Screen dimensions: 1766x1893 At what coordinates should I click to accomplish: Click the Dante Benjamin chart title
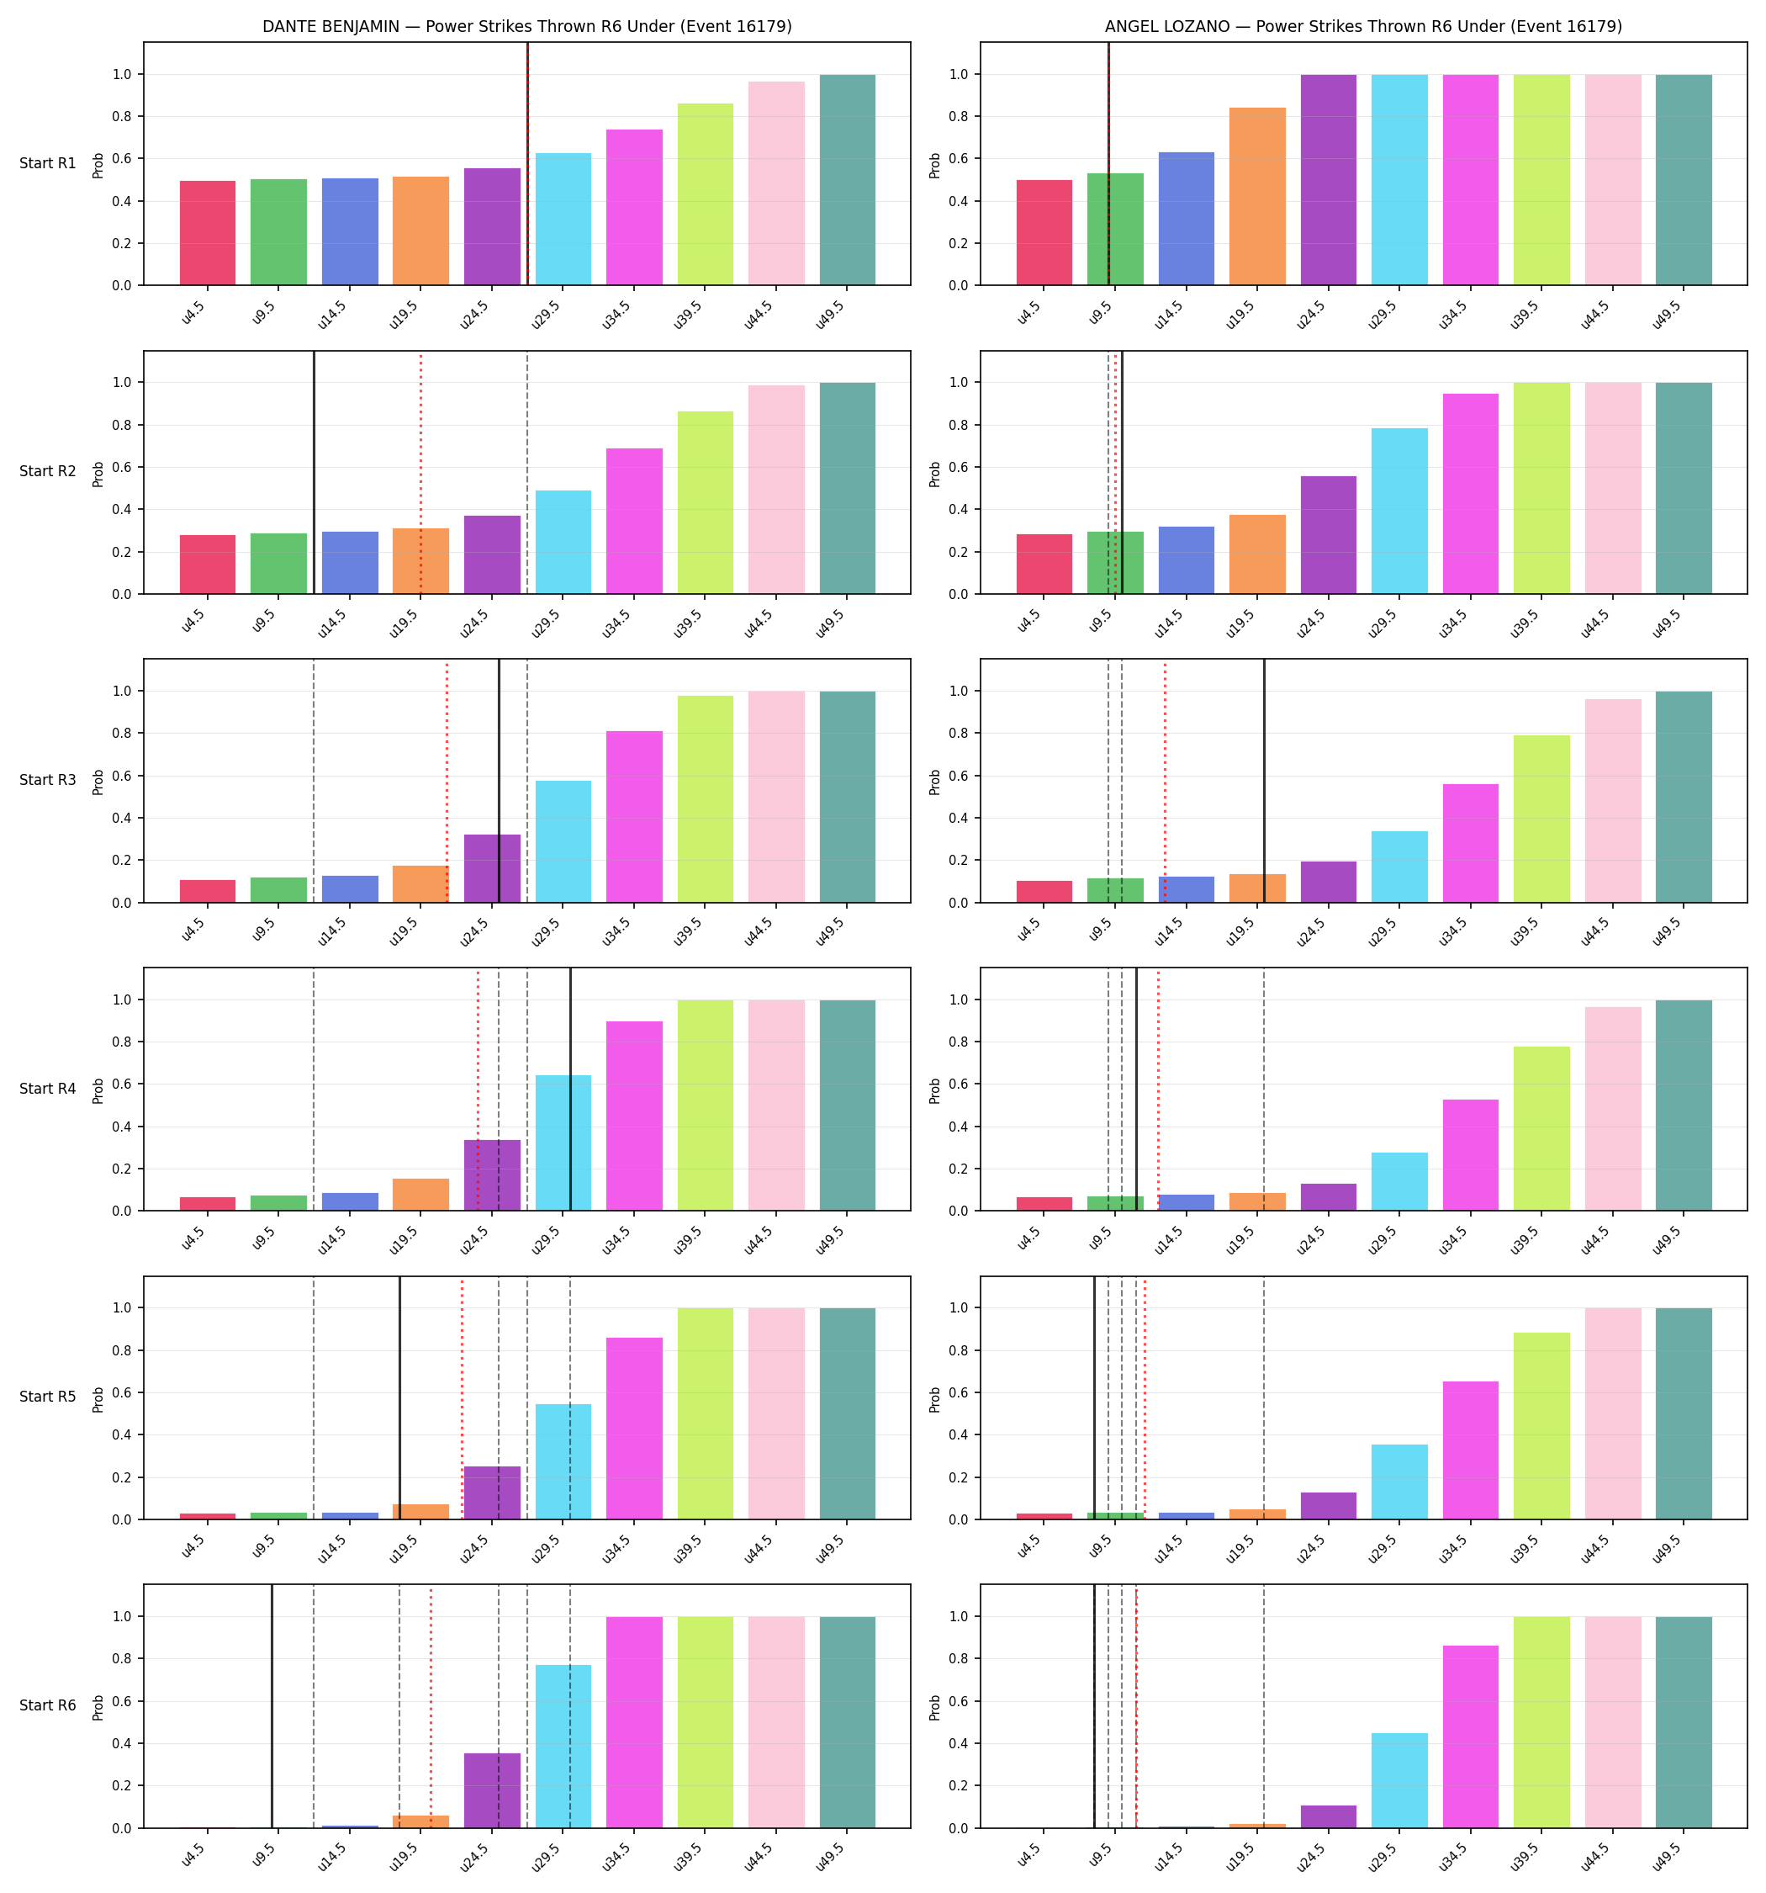pos(526,27)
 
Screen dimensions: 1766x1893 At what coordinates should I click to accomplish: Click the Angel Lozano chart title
pos(1363,27)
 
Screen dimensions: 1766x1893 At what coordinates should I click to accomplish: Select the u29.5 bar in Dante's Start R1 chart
pos(563,219)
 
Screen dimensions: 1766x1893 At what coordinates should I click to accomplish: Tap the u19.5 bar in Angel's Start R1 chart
pos(1256,196)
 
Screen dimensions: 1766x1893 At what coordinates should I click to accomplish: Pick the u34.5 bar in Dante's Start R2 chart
pos(634,521)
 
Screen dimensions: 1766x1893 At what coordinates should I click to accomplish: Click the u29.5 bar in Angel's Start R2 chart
pos(1399,512)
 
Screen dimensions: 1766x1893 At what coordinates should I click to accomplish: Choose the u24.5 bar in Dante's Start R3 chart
pos(492,868)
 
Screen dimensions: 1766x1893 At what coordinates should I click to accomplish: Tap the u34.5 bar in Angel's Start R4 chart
pos(1470,1155)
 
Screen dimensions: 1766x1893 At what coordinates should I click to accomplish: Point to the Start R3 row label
pos(48,780)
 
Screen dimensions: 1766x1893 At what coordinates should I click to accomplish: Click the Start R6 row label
pos(48,1705)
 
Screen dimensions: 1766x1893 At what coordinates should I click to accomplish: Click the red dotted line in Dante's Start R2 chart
pos(420,473)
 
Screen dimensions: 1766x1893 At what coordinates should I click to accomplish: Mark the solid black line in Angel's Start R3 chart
pos(1264,781)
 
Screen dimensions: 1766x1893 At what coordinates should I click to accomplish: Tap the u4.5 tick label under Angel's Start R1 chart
pos(1028,313)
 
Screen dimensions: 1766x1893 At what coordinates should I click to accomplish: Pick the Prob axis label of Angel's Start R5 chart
pos(935,1399)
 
